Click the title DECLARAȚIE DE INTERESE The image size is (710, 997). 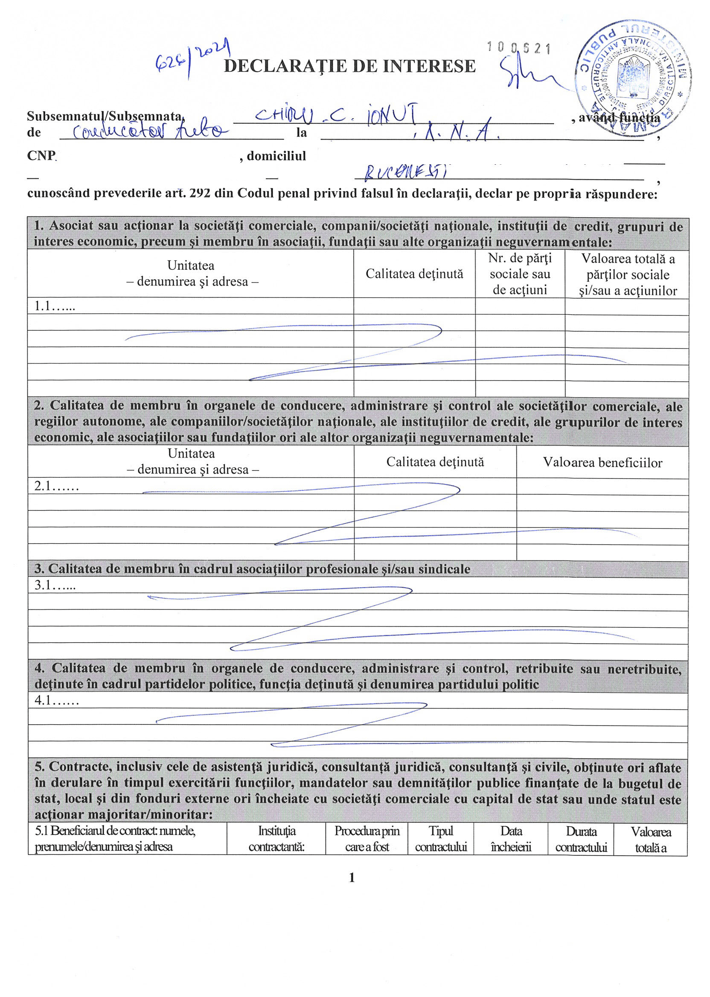point(349,66)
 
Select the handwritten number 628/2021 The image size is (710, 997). point(193,57)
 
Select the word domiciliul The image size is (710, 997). point(276,156)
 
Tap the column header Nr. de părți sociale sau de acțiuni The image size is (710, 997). point(519,274)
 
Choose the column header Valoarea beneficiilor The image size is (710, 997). point(602,462)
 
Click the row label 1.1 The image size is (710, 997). point(55,306)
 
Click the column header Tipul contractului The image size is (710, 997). point(441,839)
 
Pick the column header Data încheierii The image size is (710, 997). point(511,839)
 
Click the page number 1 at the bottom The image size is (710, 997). point(352,877)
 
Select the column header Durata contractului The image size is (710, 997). point(581,839)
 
